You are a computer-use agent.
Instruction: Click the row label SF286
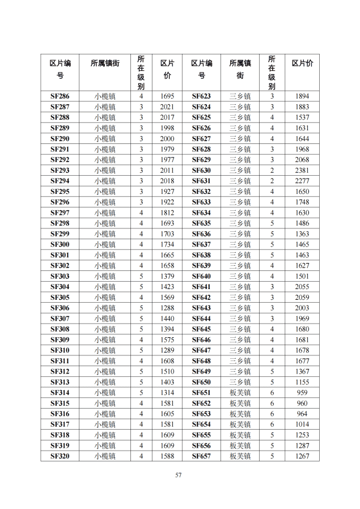(60, 96)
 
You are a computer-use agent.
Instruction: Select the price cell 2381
(302, 171)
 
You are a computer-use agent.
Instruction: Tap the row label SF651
(201, 393)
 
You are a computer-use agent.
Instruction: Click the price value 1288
(167, 308)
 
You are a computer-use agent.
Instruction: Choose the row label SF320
(60, 456)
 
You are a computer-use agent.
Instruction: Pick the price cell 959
(302, 393)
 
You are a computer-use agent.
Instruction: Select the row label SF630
(201, 171)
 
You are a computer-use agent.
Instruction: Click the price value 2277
(302, 181)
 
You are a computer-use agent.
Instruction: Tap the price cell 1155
(302, 383)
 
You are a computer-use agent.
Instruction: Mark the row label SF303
(60, 276)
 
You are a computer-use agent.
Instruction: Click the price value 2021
(167, 107)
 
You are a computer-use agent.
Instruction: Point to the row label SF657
(201, 456)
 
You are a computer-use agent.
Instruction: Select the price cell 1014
(302, 425)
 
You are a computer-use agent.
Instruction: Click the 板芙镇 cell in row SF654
(240, 425)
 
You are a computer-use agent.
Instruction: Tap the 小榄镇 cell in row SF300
(105, 244)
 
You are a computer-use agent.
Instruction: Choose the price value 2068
(302, 160)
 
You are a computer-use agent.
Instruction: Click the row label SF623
(201, 96)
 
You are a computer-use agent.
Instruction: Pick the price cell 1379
(167, 276)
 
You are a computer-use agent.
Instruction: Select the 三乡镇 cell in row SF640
(240, 276)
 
